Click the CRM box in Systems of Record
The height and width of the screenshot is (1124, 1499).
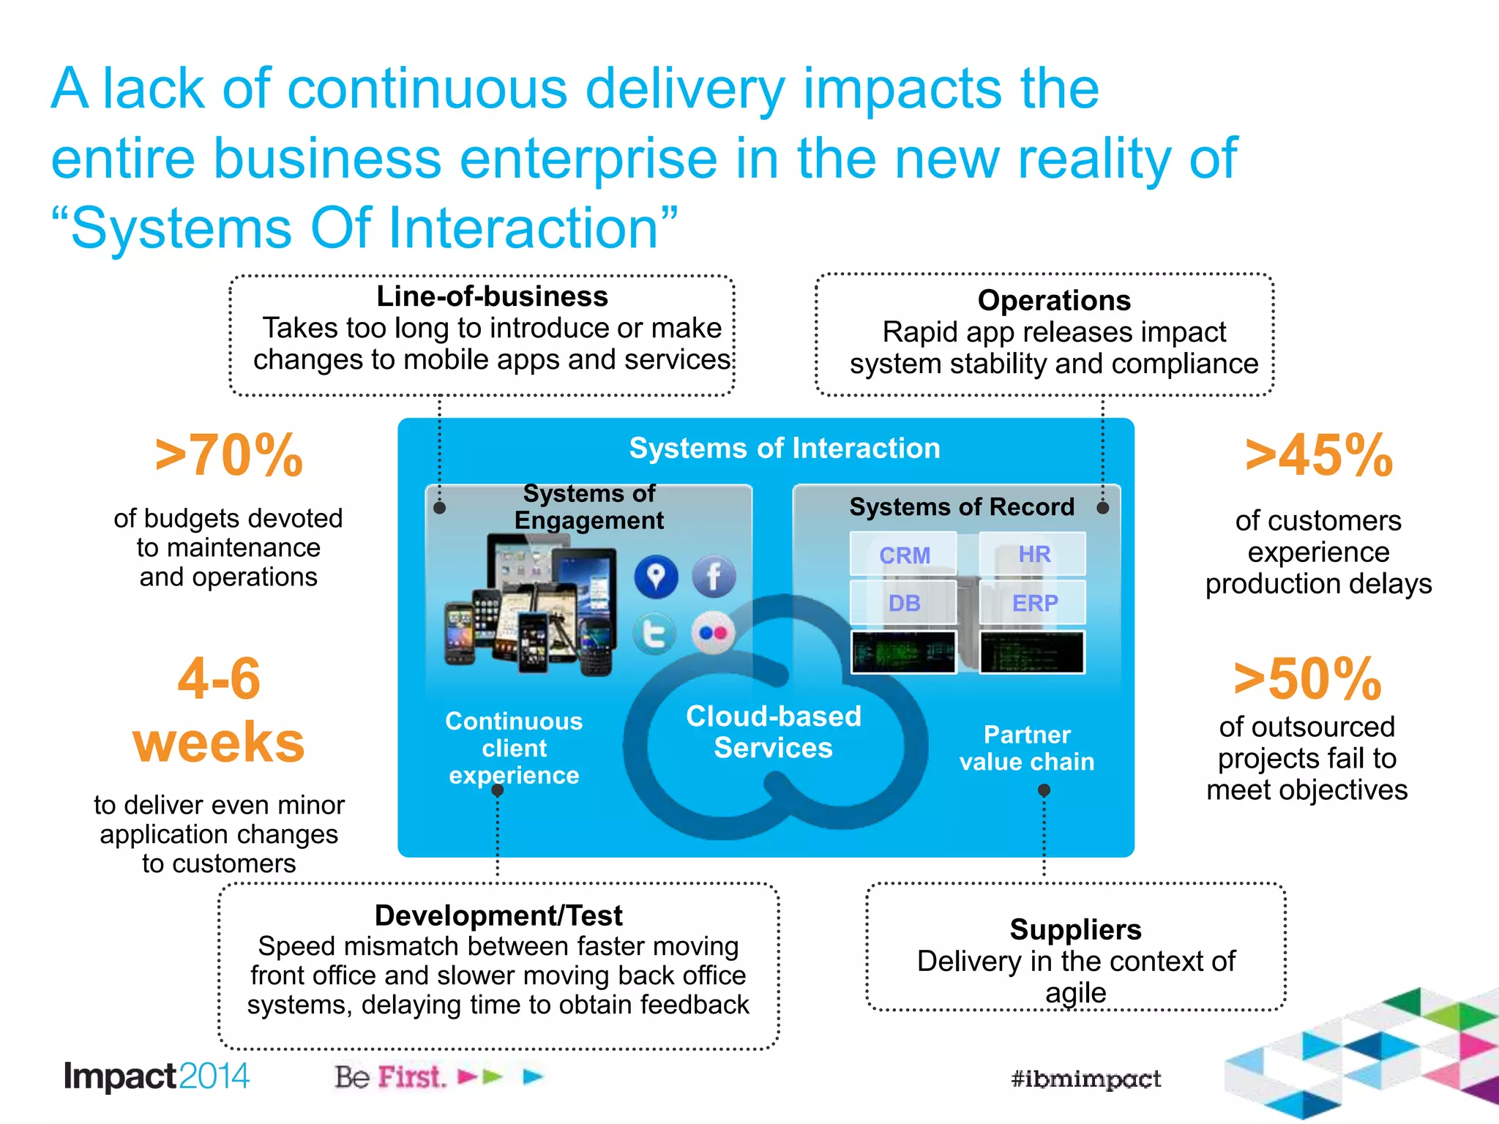904,555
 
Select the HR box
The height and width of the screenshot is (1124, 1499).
1033,555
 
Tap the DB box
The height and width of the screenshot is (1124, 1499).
904,603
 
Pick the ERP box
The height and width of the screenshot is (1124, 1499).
1033,603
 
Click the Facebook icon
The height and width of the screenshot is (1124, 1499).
714,577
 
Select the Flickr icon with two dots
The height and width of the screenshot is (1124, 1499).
714,633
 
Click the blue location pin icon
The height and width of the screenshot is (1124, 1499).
656,577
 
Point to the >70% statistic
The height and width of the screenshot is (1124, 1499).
228,456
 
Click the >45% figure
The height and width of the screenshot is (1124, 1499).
1319,456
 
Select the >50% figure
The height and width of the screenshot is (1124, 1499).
1307,679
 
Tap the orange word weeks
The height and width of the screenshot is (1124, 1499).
219,742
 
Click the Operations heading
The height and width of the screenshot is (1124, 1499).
1054,301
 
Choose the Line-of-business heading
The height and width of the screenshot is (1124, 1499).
492,297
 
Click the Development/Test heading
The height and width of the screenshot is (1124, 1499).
498,915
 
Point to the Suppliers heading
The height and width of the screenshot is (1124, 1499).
1075,929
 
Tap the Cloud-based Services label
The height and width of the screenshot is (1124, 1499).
774,732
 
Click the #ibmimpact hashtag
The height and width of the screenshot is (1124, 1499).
1085,1079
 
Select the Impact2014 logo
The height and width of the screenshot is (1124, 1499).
157,1076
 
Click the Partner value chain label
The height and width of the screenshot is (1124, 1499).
1027,748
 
